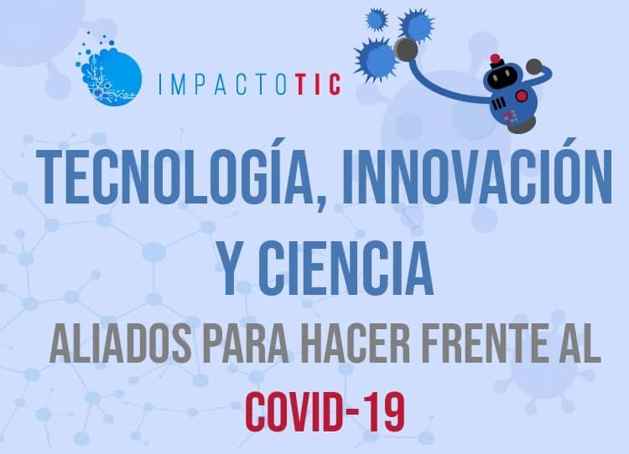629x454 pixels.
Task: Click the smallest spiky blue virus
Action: [376, 19]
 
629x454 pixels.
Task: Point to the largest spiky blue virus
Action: [375, 59]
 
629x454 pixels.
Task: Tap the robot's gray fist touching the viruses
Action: [406, 49]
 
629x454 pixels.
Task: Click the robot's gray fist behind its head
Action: [534, 66]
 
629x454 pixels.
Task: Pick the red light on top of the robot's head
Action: [496, 59]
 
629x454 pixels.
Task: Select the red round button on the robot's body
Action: [521, 95]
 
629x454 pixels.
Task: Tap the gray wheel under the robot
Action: [521, 126]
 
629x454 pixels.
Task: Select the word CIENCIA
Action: [347, 268]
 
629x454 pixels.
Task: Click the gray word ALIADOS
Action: [120, 343]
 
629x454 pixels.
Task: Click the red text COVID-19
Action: [325, 412]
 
